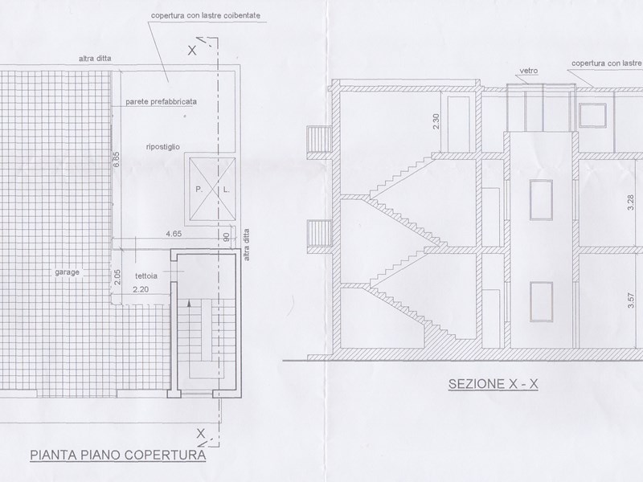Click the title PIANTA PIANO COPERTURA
[x=118, y=455]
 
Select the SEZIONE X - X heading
[x=493, y=384]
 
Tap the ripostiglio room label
[x=163, y=147]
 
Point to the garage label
[x=68, y=272]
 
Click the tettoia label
[x=146, y=276]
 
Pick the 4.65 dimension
[x=174, y=234]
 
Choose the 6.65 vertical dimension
[x=117, y=159]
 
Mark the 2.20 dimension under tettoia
[x=141, y=289]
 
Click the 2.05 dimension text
[x=117, y=277]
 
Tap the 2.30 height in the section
[x=436, y=121]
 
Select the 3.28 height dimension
[x=631, y=203]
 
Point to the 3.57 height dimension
[x=631, y=300]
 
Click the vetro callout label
[x=529, y=71]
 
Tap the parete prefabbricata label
[x=162, y=101]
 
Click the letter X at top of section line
[x=192, y=51]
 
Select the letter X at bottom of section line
[x=200, y=433]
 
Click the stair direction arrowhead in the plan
[x=189, y=304]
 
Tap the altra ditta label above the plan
[x=95, y=59]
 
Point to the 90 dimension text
[x=227, y=238]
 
